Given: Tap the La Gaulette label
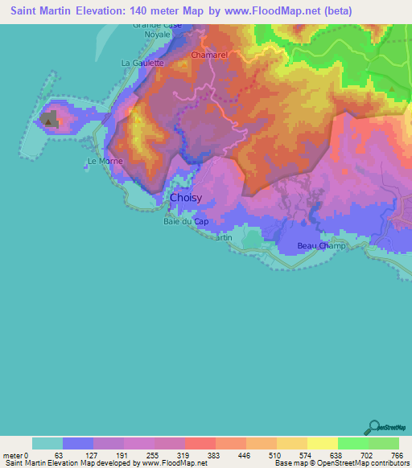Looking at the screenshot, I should point(142,62).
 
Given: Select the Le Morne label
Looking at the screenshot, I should point(104,161).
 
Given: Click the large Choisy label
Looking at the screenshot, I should point(186,197).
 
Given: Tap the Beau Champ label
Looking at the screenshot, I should point(321,245).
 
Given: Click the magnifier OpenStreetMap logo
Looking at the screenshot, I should point(373,426).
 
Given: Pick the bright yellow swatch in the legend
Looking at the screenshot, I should point(323,443).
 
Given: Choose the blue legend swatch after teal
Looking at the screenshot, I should point(78,443).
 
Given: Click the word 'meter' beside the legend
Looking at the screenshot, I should point(12,455).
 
